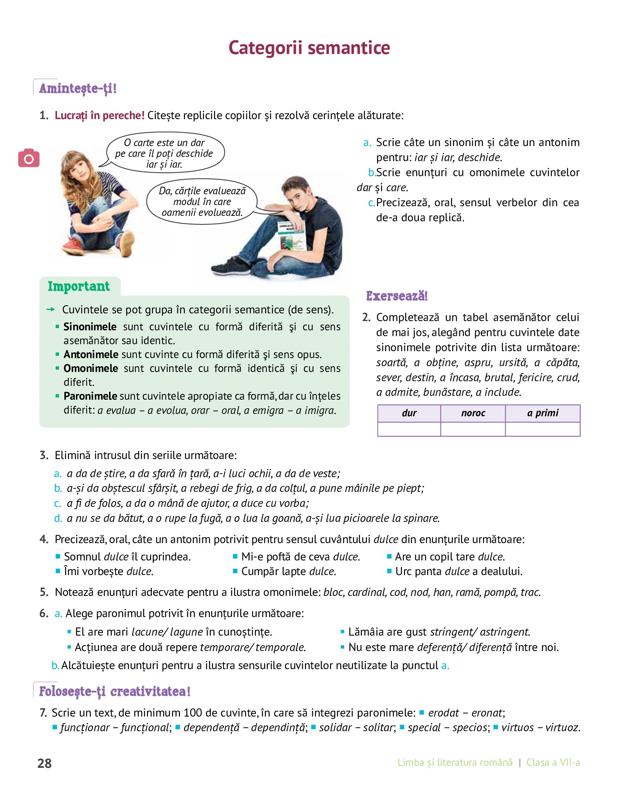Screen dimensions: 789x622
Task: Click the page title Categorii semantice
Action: [309, 48]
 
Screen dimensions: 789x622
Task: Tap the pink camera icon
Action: [29, 158]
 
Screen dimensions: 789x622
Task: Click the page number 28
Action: [44, 763]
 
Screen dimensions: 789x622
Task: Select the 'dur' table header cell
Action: [409, 413]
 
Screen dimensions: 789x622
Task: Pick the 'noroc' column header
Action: [473, 413]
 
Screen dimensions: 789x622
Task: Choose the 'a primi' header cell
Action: [543, 413]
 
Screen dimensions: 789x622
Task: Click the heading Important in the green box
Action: [79, 286]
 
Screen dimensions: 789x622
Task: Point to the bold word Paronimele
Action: [90, 396]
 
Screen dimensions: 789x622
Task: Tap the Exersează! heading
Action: [397, 296]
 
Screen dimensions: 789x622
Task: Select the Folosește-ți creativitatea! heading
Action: [115, 691]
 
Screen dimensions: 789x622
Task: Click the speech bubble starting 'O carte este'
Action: [165, 153]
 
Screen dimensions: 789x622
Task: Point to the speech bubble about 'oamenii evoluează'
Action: [202, 202]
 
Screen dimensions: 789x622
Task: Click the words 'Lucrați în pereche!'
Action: [99, 115]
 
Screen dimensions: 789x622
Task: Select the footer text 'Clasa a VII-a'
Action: [553, 762]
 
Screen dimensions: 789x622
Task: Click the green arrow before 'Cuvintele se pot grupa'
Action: [50, 310]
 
